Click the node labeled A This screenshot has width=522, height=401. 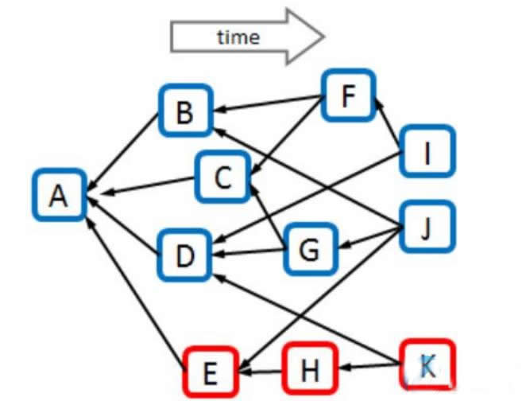(58, 194)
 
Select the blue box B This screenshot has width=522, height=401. (184, 112)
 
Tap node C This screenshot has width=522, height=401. (223, 177)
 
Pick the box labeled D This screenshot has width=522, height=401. (184, 255)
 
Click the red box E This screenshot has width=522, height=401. (211, 371)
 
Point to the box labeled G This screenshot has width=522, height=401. (309, 250)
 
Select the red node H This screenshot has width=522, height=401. (310, 368)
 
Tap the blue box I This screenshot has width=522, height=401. (427, 151)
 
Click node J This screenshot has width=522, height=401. (427, 228)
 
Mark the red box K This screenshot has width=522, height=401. (427, 364)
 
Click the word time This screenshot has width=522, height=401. (238, 37)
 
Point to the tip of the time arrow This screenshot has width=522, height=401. (323, 36)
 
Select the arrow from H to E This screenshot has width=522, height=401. (261, 370)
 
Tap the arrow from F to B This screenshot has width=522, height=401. (266, 104)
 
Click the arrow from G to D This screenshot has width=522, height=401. (247, 253)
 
